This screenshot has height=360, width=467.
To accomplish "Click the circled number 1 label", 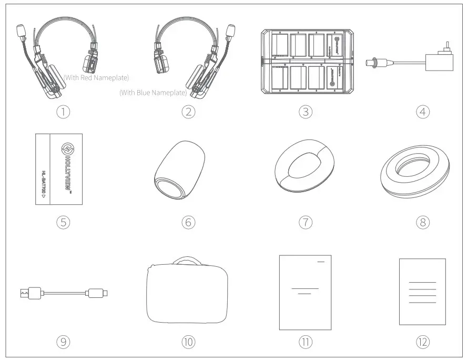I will pos(64,112).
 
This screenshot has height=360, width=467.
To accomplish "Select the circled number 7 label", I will pos(306,222).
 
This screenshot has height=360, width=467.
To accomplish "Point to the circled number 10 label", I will pos(188,342).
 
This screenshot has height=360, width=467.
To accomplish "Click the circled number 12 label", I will pos(422,342).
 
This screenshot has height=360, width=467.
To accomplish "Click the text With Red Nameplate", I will pos(96,78).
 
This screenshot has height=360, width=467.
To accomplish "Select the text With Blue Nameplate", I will pos(153,93).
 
